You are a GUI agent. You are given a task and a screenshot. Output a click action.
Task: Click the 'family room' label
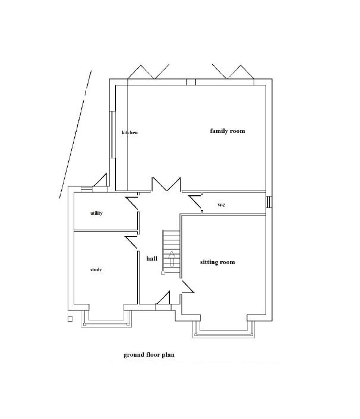[228, 131]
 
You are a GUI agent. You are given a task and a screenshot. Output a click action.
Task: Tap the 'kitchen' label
[130, 132]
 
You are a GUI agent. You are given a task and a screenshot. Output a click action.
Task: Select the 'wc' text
[221, 205]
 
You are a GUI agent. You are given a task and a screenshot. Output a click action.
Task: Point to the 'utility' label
[96, 213]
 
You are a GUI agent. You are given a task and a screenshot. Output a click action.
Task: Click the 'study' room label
[96, 270]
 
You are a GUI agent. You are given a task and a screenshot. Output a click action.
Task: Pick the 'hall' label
[151, 259]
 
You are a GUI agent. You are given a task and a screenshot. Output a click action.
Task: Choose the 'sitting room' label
[217, 262]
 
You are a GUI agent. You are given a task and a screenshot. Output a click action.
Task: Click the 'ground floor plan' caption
[149, 355]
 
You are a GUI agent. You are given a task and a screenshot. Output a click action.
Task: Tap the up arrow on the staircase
[172, 258]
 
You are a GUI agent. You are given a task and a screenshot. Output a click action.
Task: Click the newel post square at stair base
[163, 273]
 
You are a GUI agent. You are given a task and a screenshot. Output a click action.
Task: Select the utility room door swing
[132, 203]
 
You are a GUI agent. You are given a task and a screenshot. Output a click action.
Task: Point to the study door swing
[131, 242]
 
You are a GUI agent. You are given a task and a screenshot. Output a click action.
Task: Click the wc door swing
[195, 202]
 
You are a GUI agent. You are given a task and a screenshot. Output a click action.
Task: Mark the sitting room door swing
[188, 286]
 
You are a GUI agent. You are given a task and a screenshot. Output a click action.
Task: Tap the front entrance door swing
[163, 298]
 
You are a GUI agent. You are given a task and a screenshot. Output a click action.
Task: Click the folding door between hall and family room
[166, 184]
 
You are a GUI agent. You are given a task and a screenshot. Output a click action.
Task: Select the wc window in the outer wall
[269, 202]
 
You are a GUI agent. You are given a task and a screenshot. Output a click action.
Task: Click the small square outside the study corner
[70, 319]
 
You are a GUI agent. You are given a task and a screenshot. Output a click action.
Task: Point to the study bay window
[106, 324]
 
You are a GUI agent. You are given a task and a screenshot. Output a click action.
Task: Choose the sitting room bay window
[223, 334]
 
